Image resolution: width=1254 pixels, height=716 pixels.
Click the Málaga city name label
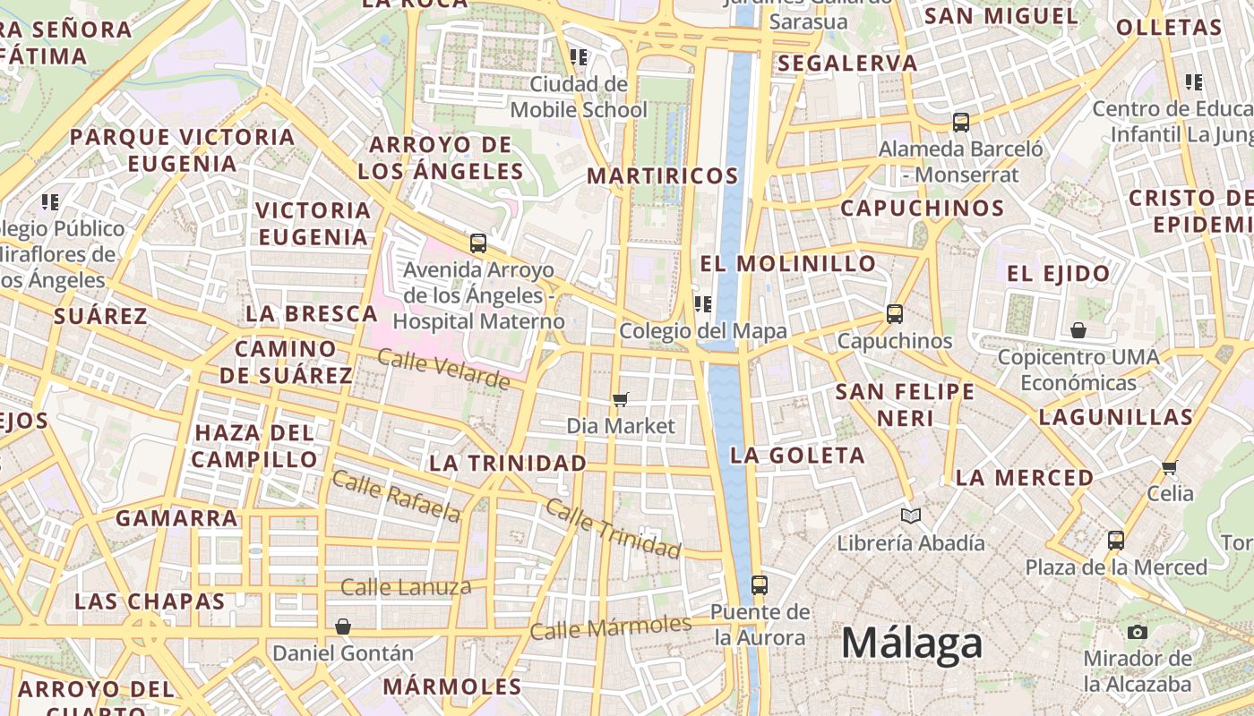tap(912, 644)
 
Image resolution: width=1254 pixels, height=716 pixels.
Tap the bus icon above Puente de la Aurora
tap(760, 586)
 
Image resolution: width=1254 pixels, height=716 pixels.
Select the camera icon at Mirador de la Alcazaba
tap(1138, 633)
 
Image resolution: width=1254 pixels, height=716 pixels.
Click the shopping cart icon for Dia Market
tap(620, 399)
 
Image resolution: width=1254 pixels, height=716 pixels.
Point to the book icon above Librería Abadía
tap(911, 516)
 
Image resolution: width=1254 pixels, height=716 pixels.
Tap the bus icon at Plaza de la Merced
tap(1116, 541)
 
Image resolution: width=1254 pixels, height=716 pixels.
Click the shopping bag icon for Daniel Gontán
tap(342, 626)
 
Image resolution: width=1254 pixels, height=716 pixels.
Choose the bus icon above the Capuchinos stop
tap(895, 314)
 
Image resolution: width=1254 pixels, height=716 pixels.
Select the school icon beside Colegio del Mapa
tap(703, 304)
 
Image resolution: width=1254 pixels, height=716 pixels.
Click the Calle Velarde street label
tap(443, 370)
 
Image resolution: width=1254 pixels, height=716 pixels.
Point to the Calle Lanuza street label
tap(406, 588)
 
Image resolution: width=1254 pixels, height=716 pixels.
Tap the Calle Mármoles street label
tap(610, 626)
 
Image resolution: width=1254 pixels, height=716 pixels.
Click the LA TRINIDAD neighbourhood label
tap(508, 464)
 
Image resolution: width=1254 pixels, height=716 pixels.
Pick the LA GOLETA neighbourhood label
tap(797, 456)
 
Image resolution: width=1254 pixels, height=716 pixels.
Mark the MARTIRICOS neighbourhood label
tap(663, 176)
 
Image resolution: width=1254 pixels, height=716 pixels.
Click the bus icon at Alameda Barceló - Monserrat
tap(961, 123)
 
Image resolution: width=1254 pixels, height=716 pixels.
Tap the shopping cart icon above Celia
tap(1169, 467)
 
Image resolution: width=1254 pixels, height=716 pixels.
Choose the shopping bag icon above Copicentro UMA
tap(1078, 331)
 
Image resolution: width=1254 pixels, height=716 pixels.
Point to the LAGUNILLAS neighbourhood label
tap(1116, 417)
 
